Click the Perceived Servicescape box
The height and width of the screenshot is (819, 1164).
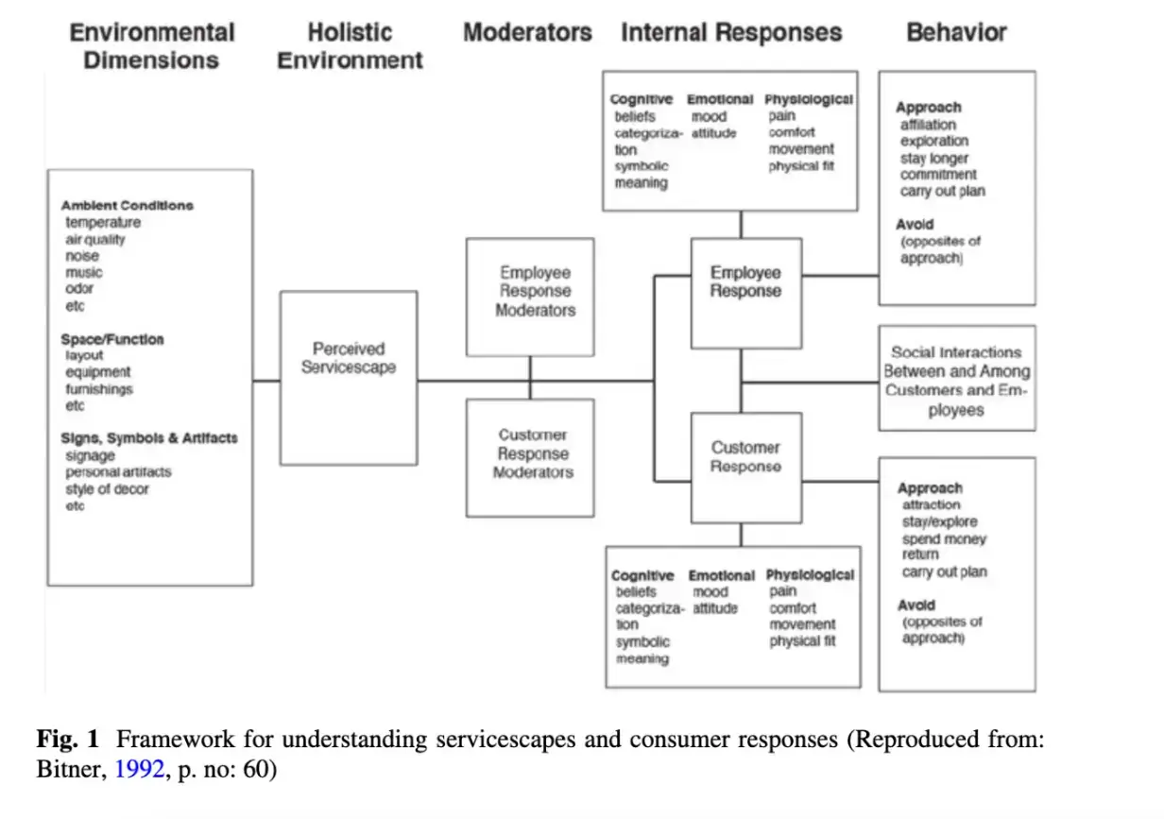point(349,377)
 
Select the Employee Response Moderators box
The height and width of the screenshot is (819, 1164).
point(530,296)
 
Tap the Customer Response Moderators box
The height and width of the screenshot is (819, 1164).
point(530,457)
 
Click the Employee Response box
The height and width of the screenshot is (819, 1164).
point(745,293)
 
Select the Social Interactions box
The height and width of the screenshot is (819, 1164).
point(956,379)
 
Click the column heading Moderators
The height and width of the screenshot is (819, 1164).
point(527,32)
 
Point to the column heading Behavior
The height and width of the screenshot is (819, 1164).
point(956,32)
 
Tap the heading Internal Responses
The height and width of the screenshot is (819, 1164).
point(731,32)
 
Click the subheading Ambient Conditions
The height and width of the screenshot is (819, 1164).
point(127,205)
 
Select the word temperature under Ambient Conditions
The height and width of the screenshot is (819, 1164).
point(103,223)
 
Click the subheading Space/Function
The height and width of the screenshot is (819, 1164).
point(111,339)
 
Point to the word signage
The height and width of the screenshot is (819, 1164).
point(90,455)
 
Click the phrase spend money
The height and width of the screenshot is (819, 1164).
point(944,538)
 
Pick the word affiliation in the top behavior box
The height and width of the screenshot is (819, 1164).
point(928,125)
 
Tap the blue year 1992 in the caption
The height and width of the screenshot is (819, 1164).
point(132,770)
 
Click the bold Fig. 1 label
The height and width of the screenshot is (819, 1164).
point(68,740)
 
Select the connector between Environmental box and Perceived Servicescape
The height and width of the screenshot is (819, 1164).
point(266,381)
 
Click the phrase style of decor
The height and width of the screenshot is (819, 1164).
point(107,489)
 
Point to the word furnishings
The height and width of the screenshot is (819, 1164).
point(99,389)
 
